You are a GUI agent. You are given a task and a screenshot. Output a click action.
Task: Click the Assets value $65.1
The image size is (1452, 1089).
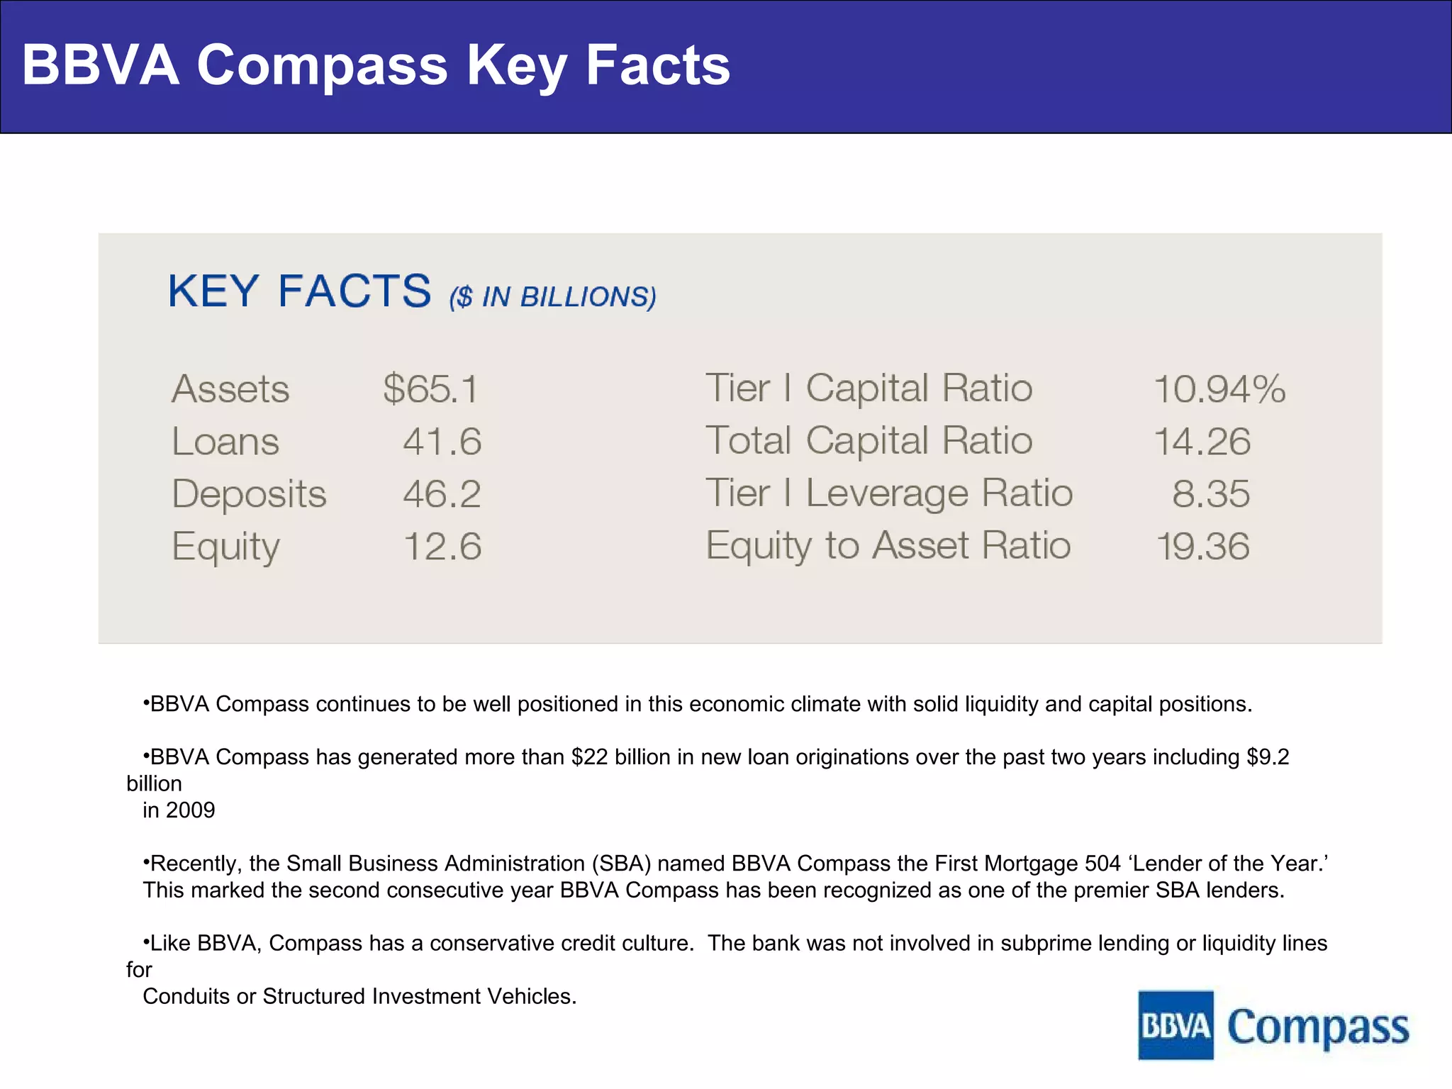pyautogui.click(x=430, y=389)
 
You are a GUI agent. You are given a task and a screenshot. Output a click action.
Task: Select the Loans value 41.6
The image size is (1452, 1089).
pyautogui.click(x=442, y=442)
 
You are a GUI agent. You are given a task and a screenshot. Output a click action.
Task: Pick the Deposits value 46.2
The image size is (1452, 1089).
pyautogui.click(x=442, y=494)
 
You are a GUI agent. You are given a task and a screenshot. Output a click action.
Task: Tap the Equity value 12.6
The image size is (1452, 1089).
pyautogui.click(x=442, y=547)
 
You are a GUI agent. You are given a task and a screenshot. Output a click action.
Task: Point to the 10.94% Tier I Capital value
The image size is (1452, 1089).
pyautogui.click(x=1219, y=389)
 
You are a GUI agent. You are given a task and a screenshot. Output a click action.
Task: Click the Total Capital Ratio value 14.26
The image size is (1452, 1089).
pyautogui.click(x=1202, y=442)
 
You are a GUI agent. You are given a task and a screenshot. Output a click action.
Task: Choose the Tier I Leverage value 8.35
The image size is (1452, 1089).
pyautogui.click(x=1210, y=494)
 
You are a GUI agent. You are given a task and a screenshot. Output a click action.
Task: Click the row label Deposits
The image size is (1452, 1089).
pyautogui.click(x=249, y=494)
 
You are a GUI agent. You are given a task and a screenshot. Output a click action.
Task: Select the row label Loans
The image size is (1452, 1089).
pyautogui.click(x=225, y=442)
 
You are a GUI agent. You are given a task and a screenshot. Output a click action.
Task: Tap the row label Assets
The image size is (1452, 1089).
pyautogui.click(x=230, y=389)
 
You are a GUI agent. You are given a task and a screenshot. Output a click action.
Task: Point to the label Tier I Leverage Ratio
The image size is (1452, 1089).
pyautogui.click(x=889, y=493)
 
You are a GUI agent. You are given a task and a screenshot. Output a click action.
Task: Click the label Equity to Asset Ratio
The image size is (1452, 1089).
pyautogui.click(x=888, y=546)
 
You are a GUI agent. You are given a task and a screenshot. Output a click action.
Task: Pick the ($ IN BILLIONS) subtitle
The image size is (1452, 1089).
pyautogui.click(x=552, y=297)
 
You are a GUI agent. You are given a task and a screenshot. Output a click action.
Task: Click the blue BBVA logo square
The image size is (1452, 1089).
pyautogui.click(x=1175, y=1025)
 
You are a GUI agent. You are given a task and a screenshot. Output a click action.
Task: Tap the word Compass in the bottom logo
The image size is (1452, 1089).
pyautogui.click(x=1318, y=1028)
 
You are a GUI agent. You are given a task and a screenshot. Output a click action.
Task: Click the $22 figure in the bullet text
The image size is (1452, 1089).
pyautogui.click(x=589, y=757)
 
